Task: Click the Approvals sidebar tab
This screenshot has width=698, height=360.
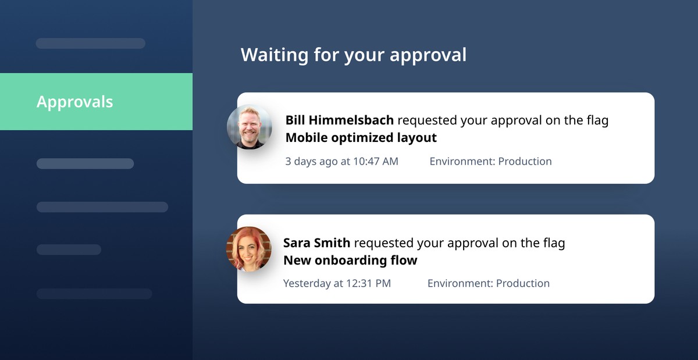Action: pos(97,102)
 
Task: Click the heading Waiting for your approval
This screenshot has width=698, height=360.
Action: pos(354,55)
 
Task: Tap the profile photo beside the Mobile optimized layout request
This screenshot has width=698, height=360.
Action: pos(250,127)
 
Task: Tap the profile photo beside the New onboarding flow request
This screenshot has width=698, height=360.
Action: pos(249,249)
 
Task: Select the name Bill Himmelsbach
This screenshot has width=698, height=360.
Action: pos(339,120)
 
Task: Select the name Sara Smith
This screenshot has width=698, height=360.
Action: pos(316,243)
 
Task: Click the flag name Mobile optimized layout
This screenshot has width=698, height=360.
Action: pos(361,138)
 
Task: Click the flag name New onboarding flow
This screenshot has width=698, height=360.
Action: pos(350,261)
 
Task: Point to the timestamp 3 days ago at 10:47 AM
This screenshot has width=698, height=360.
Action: pos(342,161)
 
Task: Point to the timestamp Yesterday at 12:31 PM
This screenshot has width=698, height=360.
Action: pos(337,283)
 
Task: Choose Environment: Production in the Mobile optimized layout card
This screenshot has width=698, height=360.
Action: pos(490,161)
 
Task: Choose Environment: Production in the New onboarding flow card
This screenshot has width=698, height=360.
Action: pos(488,283)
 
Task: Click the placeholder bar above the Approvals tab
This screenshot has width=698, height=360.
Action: pos(91,43)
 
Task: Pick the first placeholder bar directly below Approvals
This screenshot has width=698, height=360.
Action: pos(85,163)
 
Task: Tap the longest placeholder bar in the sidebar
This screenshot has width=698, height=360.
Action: pos(102,207)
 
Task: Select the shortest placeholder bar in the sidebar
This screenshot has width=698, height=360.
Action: pos(69,249)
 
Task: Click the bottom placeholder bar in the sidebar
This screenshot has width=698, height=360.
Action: pos(94,294)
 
